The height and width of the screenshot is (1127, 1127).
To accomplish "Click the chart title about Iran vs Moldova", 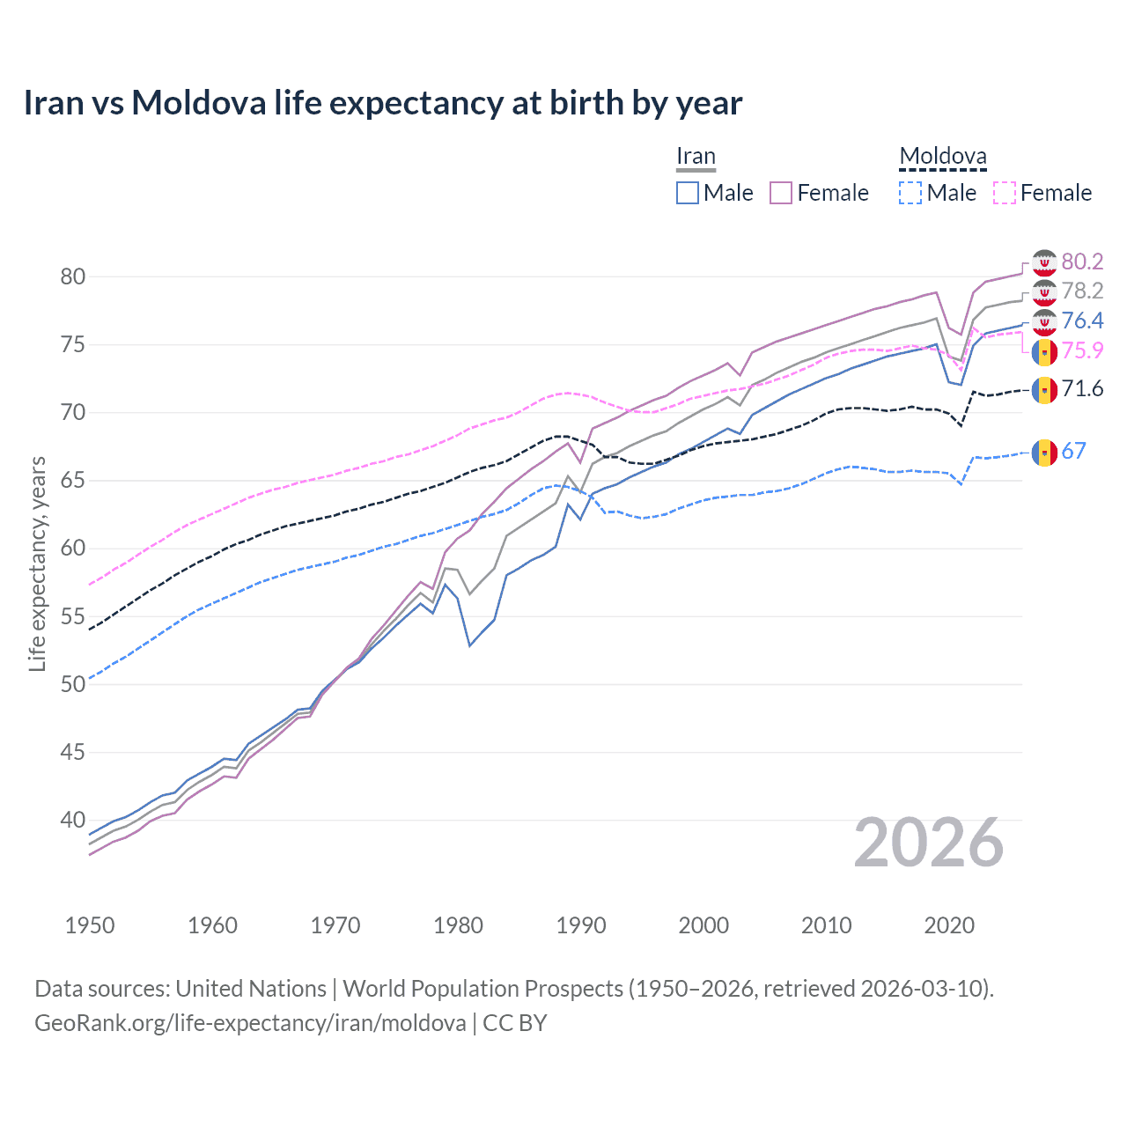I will click(382, 103).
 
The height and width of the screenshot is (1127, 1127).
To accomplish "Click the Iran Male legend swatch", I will click(688, 193).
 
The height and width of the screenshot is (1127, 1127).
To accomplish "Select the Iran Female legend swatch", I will click(781, 193).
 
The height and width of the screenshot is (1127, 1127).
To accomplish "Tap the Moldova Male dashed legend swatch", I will click(910, 193).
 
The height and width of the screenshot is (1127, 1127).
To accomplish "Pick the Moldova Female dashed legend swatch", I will click(1004, 193).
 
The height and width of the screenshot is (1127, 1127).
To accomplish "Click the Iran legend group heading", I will click(696, 157).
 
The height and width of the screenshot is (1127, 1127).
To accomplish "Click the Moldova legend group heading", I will click(942, 157).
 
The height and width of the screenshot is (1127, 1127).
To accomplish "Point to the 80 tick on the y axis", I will click(73, 276).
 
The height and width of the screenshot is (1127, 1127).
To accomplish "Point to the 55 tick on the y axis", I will click(73, 616).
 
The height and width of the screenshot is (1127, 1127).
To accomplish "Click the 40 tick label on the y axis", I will click(73, 820).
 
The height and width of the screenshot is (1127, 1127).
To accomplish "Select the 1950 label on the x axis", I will click(90, 925).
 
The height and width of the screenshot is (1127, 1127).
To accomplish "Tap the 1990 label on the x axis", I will click(581, 925).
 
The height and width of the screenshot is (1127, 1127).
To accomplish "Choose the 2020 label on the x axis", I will click(949, 925).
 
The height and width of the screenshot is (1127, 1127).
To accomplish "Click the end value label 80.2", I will click(1082, 261).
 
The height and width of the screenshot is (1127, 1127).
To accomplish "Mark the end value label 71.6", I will click(1082, 388).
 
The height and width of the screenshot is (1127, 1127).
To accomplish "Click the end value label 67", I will click(1073, 452).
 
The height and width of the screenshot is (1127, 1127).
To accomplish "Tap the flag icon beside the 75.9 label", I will click(1044, 351).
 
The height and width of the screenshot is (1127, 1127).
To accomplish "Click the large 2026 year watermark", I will click(928, 843).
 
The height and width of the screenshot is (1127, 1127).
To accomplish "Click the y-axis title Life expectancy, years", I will click(37, 563).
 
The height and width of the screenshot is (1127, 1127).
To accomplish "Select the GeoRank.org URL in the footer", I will click(250, 1023).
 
